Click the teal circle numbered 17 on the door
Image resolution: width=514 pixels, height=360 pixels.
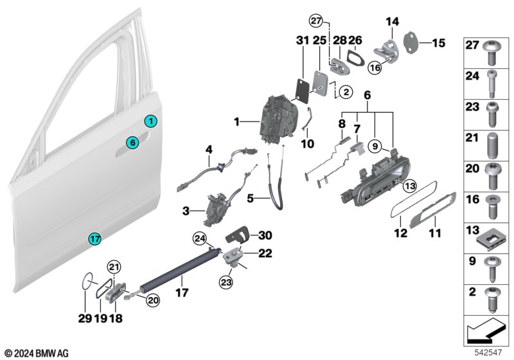point(94,239)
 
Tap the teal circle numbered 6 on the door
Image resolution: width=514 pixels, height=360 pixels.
point(133,143)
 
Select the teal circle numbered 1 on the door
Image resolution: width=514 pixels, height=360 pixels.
point(151,122)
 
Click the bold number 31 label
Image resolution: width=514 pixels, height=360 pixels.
point(303,40)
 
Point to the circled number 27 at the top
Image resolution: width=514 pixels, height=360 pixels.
point(316,21)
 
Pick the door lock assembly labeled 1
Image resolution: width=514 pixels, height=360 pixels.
point(279,120)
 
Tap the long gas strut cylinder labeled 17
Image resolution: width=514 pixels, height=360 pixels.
point(180,269)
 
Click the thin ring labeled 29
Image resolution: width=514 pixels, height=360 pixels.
point(87,281)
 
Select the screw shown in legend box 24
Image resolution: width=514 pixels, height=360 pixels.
point(492,84)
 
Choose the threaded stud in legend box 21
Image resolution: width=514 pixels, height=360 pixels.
point(491,145)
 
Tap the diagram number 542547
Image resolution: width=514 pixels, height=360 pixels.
point(488,352)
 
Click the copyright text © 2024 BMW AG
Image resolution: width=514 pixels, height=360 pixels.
point(37,354)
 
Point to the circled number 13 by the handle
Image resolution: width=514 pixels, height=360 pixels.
point(410,186)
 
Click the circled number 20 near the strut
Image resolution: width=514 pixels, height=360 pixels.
point(152,300)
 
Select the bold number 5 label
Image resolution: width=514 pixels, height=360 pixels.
point(251,199)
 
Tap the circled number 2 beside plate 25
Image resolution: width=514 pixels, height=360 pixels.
point(346,92)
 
